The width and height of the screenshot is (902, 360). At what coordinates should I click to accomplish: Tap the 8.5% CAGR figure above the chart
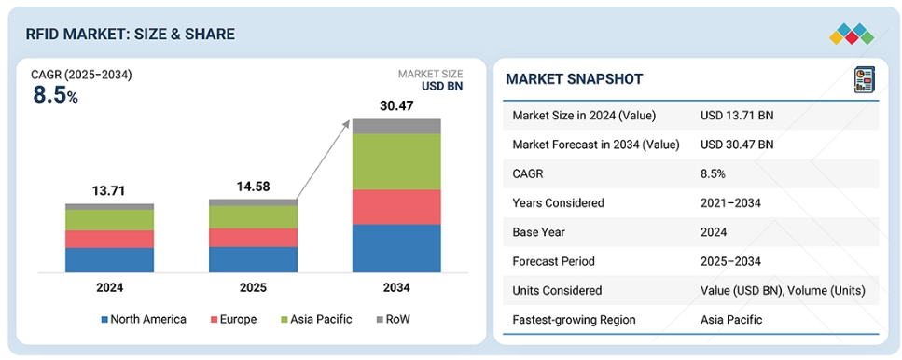tap(55, 95)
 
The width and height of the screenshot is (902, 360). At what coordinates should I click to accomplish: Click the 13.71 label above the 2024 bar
tap(109, 191)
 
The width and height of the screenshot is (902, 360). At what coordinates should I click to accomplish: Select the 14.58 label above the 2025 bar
tap(253, 187)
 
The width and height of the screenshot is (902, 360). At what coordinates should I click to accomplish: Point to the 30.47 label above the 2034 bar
tap(396, 106)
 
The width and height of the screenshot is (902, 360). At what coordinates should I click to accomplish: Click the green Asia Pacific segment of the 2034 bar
tap(396, 161)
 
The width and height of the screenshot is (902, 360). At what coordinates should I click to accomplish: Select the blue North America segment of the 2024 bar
tap(109, 259)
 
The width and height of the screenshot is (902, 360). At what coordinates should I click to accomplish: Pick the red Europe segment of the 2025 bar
tap(253, 237)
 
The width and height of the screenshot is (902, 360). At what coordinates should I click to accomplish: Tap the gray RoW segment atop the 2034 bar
tap(396, 126)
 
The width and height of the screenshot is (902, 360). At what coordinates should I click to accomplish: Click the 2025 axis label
tap(253, 288)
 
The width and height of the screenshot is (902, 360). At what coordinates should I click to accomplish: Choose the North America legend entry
tap(144, 320)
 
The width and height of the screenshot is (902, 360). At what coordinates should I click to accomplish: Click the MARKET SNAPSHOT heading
tap(574, 79)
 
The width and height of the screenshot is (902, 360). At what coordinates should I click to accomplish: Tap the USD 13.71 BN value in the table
tap(736, 116)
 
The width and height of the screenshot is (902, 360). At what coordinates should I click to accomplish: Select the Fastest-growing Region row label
tap(575, 320)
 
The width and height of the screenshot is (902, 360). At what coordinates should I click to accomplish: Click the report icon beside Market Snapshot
tap(865, 81)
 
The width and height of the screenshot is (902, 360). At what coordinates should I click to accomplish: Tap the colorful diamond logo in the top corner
tap(851, 35)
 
